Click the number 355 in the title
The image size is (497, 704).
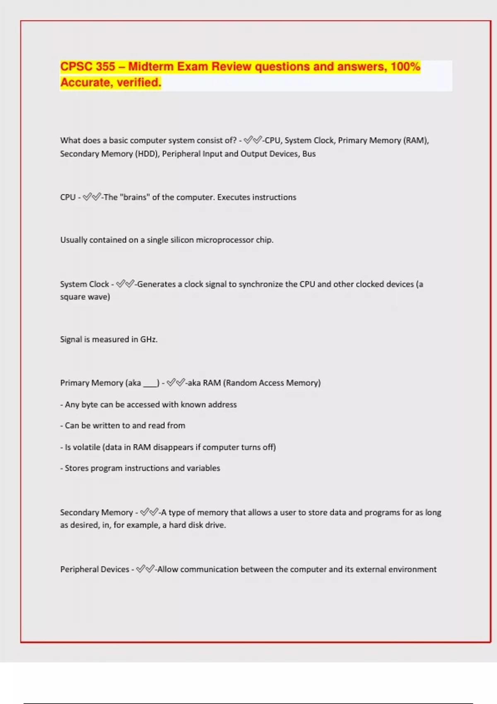[x=105, y=67]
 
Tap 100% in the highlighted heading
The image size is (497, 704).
[x=405, y=67]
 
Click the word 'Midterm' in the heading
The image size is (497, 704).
[x=150, y=67]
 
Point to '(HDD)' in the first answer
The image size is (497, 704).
[x=147, y=154]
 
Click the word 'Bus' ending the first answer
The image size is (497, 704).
[x=309, y=154]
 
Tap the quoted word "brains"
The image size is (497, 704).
[x=134, y=197]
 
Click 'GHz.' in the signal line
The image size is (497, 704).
[x=149, y=339]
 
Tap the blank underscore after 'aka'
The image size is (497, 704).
[x=150, y=383]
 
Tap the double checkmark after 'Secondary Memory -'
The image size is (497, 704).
[x=149, y=512]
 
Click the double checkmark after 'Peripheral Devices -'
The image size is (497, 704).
[x=145, y=569]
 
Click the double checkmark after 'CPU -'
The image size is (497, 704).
[x=92, y=197]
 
